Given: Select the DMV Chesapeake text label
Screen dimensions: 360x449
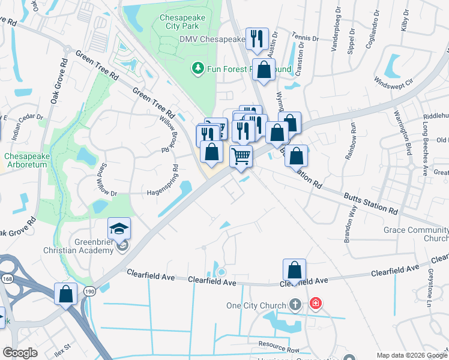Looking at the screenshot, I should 212,40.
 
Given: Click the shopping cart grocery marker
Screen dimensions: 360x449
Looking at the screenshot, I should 241,156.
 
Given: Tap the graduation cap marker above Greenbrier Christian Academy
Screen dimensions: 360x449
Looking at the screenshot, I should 119,228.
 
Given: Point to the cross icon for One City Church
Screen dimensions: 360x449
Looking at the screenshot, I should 295,305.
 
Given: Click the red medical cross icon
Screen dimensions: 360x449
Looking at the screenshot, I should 315,305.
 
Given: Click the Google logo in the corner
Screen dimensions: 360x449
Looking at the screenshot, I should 19,353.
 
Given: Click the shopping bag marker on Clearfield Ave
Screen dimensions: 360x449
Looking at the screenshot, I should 294,270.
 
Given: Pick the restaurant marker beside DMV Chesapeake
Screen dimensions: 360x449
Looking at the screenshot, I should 257,39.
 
